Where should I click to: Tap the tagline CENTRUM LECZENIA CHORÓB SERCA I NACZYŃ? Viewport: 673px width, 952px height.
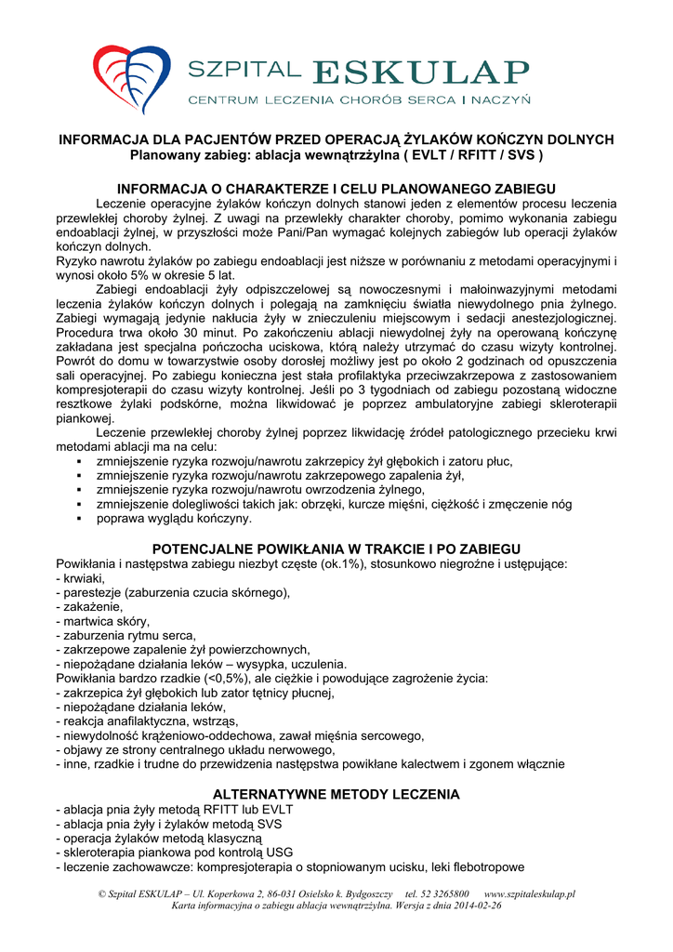click(359, 99)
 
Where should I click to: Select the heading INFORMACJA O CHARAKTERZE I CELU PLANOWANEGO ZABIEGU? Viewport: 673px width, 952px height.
click(336, 189)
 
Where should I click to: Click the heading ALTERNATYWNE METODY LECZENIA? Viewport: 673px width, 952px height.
click(336, 794)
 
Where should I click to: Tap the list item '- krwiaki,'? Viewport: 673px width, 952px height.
click(80, 578)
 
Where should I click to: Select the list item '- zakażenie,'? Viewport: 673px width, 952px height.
click(89, 606)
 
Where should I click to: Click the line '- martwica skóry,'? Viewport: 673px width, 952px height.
click(102, 621)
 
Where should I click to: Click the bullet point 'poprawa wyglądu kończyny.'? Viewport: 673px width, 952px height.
click(174, 518)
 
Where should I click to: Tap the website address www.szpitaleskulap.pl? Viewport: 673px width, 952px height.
click(529, 893)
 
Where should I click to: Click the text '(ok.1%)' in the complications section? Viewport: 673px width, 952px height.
click(343, 563)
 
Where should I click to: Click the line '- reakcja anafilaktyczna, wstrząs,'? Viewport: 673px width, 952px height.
click(147, 721)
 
